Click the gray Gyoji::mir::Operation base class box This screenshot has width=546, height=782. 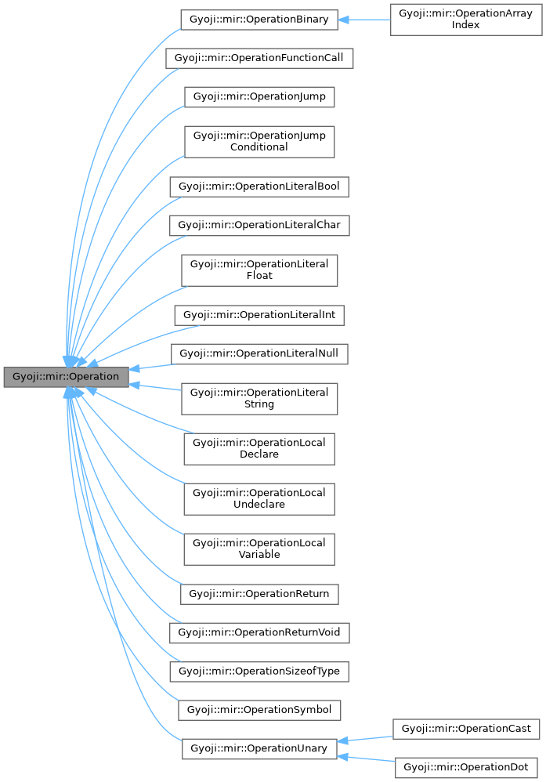[65, 377]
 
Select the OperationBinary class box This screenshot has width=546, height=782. [259, 20]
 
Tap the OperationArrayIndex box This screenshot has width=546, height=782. [465, 20]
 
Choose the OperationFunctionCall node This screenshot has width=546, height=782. [259, 58]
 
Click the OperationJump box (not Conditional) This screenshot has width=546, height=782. [259, 97]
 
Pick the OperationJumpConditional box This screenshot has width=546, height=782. [259, 142]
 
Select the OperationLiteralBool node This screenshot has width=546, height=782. [259, 186]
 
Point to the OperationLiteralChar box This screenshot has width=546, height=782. [259, 225]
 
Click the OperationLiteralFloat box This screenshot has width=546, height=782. [259, 270]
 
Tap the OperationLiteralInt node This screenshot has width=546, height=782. [259, 315]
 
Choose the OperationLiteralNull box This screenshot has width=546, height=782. [259, 353]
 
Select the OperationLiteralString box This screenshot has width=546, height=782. [259, 398]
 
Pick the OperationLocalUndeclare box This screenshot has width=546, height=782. [259, 498]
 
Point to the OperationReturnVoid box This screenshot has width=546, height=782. [259, 632]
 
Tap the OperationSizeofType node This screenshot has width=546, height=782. [259, 672]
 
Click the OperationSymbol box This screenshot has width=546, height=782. [259, 710]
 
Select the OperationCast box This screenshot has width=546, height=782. [466, 729]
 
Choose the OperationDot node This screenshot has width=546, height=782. [466, 768]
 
